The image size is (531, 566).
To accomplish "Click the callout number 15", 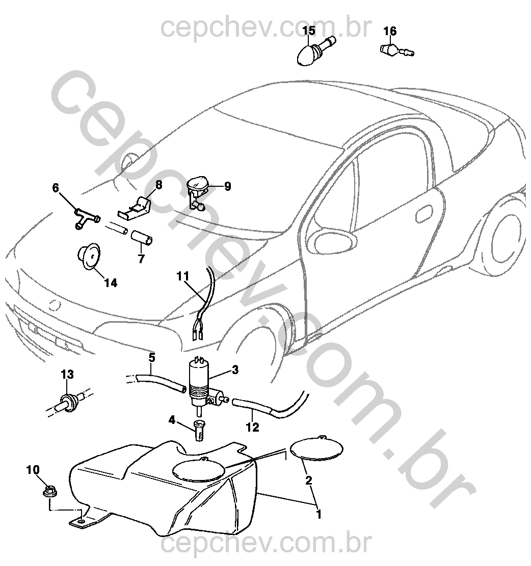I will (309, 32).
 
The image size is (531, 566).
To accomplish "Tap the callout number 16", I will (390, 32).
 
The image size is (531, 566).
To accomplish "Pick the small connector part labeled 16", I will (395, 50).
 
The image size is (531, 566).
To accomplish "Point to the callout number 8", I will (158, 185).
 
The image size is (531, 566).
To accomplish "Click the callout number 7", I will (141, 258).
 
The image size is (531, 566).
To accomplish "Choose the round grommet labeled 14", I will (88, 257).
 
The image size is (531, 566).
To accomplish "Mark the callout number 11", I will (183, 276).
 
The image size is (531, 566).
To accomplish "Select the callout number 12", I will (253, 427).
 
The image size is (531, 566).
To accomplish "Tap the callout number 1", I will (318, 514).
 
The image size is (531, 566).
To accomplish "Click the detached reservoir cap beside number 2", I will (316, 448).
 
